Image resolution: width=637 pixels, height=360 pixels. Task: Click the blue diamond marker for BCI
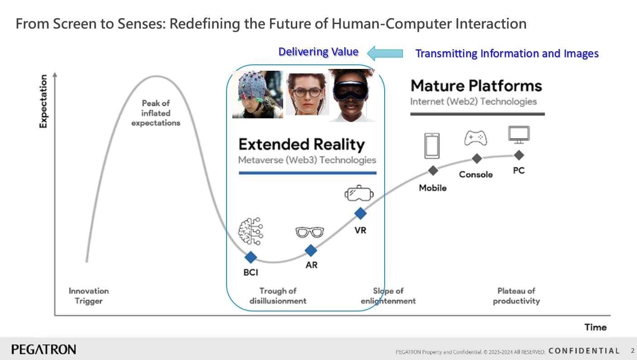(x=251, y=257)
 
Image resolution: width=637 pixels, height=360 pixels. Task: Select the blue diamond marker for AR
(x=311, y=250)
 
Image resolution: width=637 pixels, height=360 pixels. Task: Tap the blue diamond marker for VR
(x=360, y=214)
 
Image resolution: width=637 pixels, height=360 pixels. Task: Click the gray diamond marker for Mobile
(x=433, y=170)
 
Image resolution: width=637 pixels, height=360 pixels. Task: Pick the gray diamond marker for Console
(x=477, y=159)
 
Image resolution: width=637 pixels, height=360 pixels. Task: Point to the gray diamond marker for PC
(x=519, y=155)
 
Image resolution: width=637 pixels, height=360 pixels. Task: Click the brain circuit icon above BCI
(x=251, y=231)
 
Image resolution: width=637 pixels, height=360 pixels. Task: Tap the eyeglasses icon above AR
(x=309, y=232)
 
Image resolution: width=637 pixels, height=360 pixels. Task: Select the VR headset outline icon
(x=359, y=193)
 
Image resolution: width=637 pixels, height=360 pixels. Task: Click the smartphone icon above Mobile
(x=432, y=146)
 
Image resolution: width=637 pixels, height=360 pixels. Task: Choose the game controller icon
(x=475, y=138)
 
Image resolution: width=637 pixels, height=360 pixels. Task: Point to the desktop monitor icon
(x=519, y=135)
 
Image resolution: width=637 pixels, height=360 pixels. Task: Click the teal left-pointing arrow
(x=385, y=53)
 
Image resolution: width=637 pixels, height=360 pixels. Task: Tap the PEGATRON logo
(x=44, y=350)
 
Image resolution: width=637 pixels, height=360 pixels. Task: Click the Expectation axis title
(x=43, y=101)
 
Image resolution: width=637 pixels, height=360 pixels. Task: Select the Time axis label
(x=595, y=327)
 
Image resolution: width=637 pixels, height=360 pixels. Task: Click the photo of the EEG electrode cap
(x=258, y=94)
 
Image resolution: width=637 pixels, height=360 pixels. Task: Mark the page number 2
(x=632, y=350)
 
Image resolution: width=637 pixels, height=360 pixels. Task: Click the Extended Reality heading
(x=301, y=144)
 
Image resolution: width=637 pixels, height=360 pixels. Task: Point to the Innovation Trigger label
(x=89, y=296)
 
